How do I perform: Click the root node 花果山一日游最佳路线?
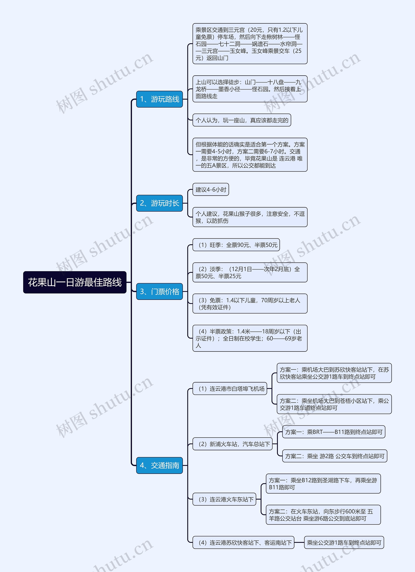75,282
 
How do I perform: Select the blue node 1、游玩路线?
160,99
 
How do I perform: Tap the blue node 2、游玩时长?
160,203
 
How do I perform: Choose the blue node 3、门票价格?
160,292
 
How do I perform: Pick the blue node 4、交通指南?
160,465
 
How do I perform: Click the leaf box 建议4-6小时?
211,189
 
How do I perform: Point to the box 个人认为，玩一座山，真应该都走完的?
242,120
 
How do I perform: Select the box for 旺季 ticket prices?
236,245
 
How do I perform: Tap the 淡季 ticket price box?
250,272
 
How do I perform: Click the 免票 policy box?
250,303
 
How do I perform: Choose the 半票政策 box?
250,338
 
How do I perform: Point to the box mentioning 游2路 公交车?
335,456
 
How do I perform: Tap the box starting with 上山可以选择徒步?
250,89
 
